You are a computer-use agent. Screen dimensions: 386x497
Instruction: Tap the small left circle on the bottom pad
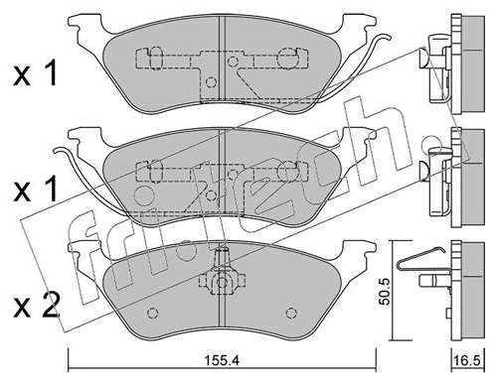click(x=152, y=316)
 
